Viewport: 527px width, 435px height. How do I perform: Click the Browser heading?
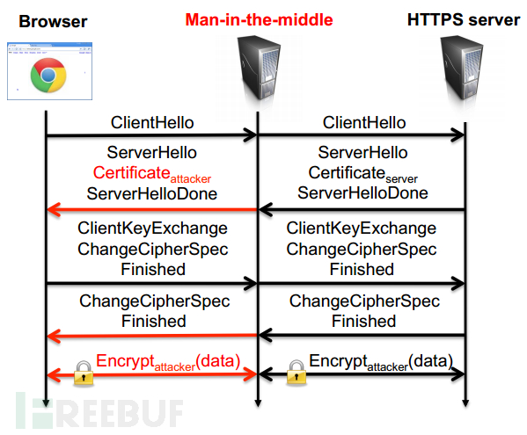pyautogui.click(x=53, y=21)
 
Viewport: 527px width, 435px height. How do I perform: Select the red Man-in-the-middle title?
pyautogui.click(x=260, y=20)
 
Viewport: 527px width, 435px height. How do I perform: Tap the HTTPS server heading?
pyautogui.click(x=464, y=20)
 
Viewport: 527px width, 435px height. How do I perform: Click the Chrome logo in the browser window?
pyautogui.click(x=48, y=76)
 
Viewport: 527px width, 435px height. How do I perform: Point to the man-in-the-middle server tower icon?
pyautogui.click(x=260, y=68)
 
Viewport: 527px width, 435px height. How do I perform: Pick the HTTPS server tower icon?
pyautogui.click(x=463, y=68)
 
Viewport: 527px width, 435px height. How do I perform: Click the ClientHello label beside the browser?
pyautogui.click(x=152, y=122)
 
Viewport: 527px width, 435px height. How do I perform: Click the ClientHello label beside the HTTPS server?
pyautogui.click(x=364, y=122)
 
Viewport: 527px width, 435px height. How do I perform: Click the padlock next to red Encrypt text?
pyautogui.click(x=84, y=373)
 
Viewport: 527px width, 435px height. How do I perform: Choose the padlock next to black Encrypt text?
pyautogui.click(x=296, y=373)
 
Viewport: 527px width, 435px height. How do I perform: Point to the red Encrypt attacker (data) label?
pyautogui.click(x=168, y=362)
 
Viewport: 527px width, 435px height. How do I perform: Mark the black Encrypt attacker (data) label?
pyautogui.click(x=381, y=362)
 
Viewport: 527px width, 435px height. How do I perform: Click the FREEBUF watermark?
pyautogui.click(x=99, y=410)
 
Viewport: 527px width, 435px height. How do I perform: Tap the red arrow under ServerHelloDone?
pyautogui.click(x=152, y=209)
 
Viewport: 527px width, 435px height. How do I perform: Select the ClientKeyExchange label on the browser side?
pyautogui.click(x=152, y=228)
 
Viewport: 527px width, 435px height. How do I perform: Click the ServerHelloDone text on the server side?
pyautogui.click(x=362, y=193)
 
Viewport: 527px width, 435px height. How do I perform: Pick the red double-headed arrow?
pyautogui.click(x=152, y=374)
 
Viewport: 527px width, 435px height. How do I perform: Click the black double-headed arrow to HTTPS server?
pyautogui.click(x=362, y=373)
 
